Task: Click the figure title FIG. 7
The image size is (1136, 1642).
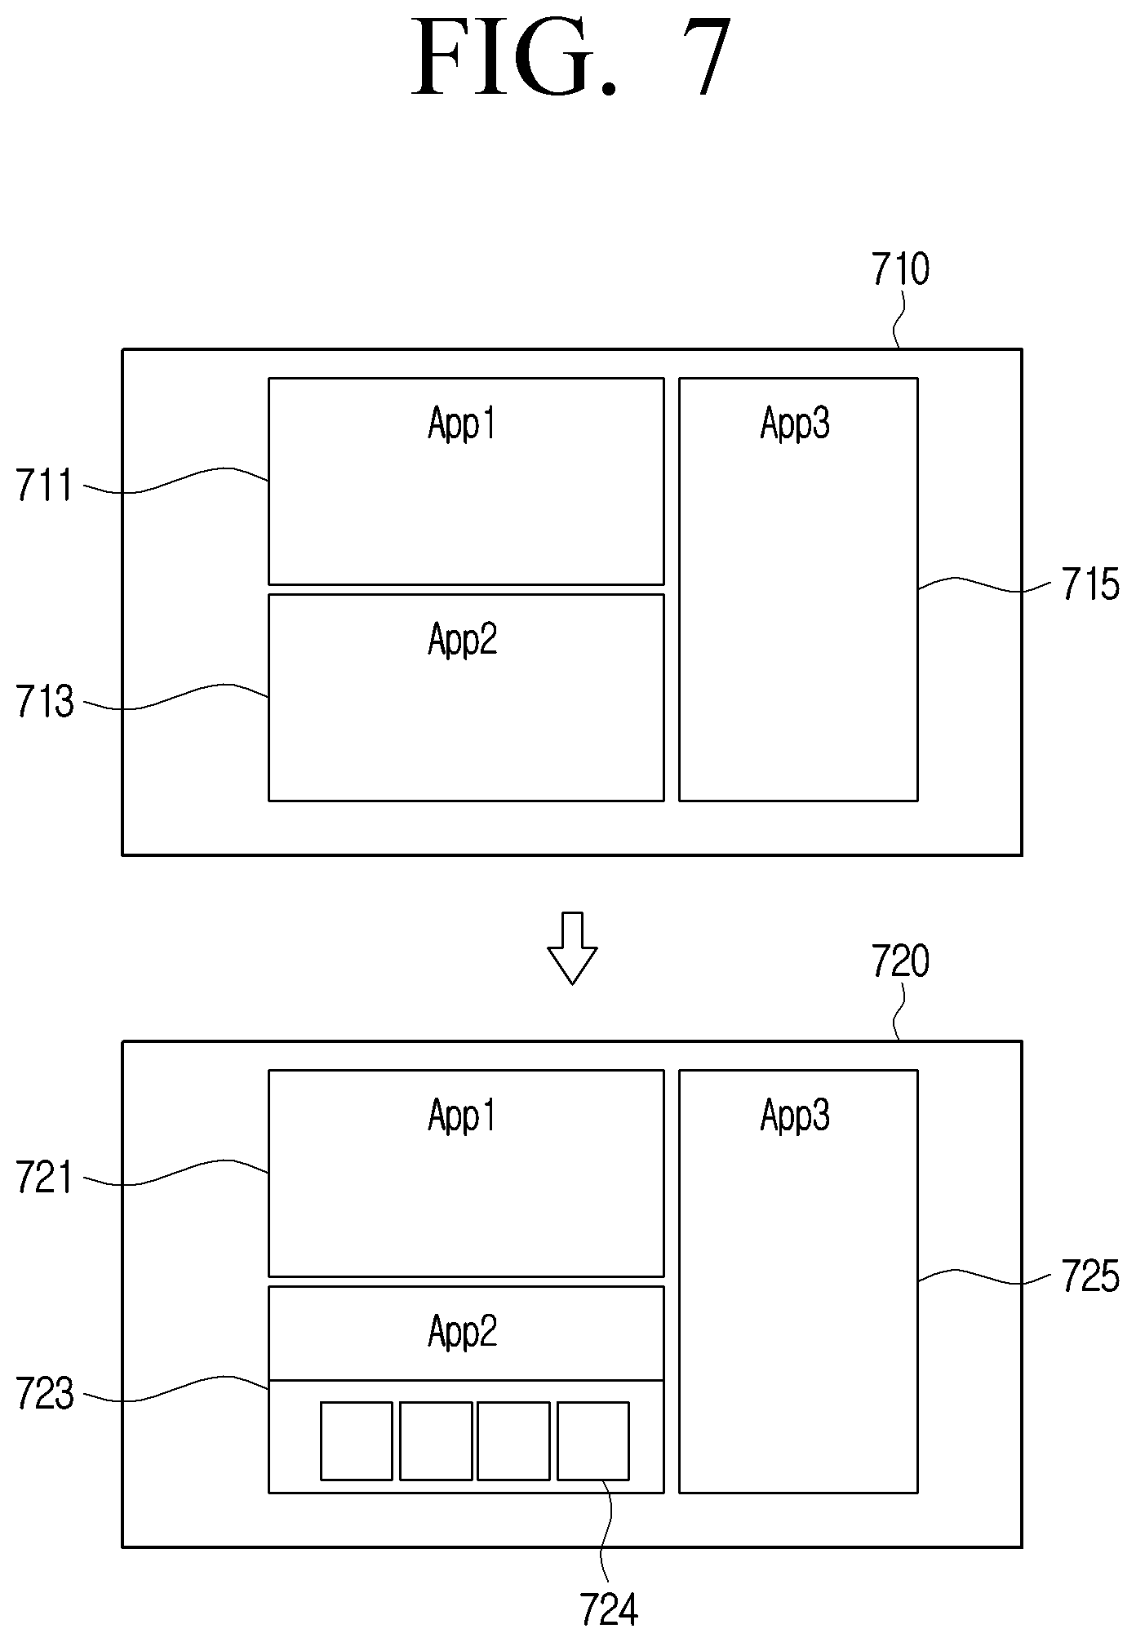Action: (x=571, y=58)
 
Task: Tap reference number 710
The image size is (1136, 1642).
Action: (x=900, y=269)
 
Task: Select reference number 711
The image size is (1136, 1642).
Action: (x=45, y=486)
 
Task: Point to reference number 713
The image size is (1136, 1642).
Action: (x=45, y=702)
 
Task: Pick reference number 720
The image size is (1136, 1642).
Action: (x=900, y=961)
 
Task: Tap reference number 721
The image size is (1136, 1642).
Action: (x=45, y=1178)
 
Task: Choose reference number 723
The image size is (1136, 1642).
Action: (x=45, y=1395)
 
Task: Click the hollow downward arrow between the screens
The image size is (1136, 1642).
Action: (x=572, y=947)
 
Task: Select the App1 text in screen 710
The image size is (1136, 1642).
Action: (x=462, y=424)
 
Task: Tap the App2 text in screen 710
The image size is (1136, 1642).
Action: (x=462, y=640)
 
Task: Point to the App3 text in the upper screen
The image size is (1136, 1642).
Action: (x=795, y=424)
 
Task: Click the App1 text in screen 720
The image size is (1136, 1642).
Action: (x=462, y=1116)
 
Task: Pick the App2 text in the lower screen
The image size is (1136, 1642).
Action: (x=462, y=1332)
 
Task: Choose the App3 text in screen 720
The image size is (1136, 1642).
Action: (x=795, y=1116)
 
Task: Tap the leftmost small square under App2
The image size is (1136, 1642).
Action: (x=357, y=1440)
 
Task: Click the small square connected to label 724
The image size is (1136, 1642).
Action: (x=593, y=1440)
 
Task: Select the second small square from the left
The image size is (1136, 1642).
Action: (x=436, y=1440)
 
